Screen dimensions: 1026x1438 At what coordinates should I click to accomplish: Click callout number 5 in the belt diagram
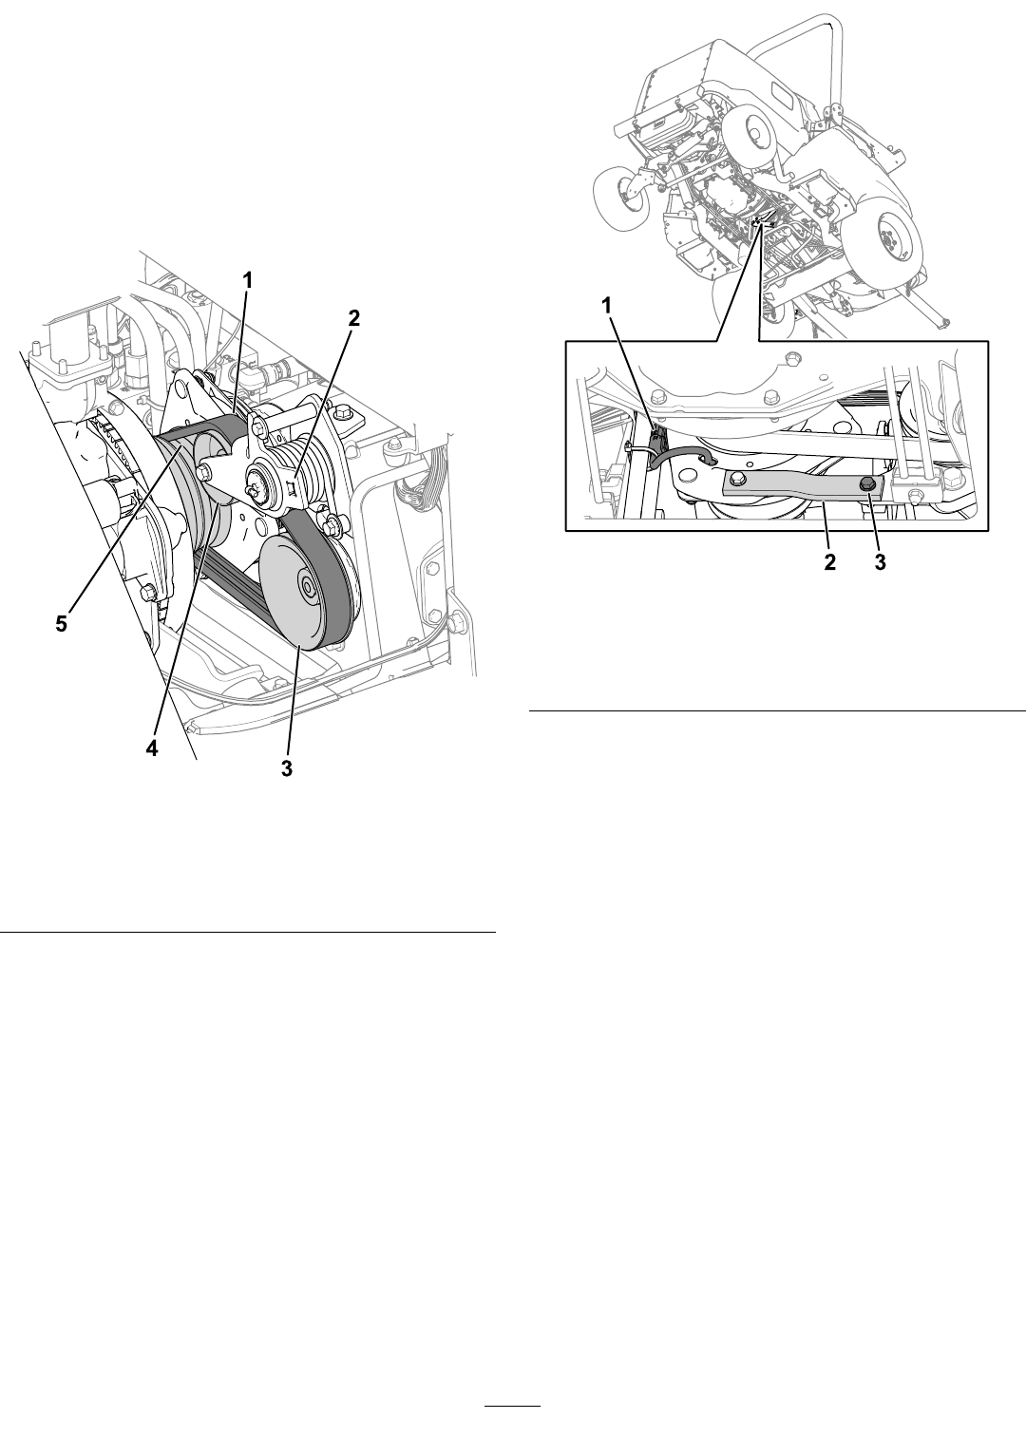coord(61,623)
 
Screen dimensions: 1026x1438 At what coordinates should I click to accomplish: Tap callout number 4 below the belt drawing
coord(152,748)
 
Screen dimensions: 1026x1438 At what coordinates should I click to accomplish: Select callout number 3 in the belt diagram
coord(286,767)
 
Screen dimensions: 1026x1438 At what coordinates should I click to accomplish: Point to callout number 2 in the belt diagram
coord(353,318)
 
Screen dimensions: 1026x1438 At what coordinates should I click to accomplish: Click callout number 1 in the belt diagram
coord(247,280)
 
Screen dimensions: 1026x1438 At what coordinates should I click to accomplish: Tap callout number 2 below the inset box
coord(829,562)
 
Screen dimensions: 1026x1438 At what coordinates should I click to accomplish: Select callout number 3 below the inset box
coord(880,562)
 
